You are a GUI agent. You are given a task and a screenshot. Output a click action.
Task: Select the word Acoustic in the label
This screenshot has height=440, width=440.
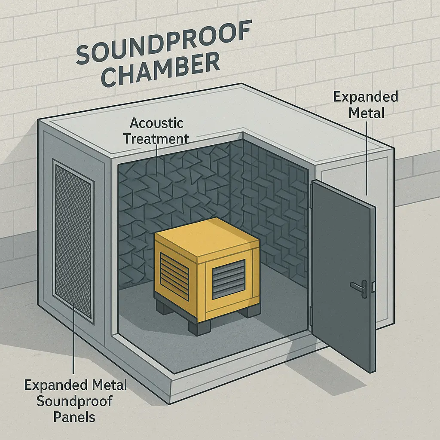tap(156, 123)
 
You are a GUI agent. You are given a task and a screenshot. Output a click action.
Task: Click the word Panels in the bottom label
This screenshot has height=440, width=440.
tap(76, 416)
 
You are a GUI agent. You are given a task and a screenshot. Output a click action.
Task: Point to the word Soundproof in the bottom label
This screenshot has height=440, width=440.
tap(75, 401)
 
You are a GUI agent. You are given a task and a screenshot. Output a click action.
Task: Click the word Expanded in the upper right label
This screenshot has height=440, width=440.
tap(366, 97)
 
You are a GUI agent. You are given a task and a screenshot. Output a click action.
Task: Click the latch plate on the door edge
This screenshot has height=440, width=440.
tap(373, 285)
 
